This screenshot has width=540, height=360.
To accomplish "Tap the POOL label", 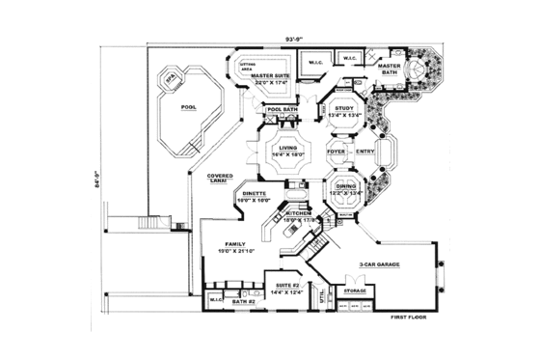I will [x=188, y=108].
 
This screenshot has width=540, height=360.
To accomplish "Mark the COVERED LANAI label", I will [x=221, y=179].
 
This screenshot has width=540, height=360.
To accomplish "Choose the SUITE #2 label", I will [x=286, y=287].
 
